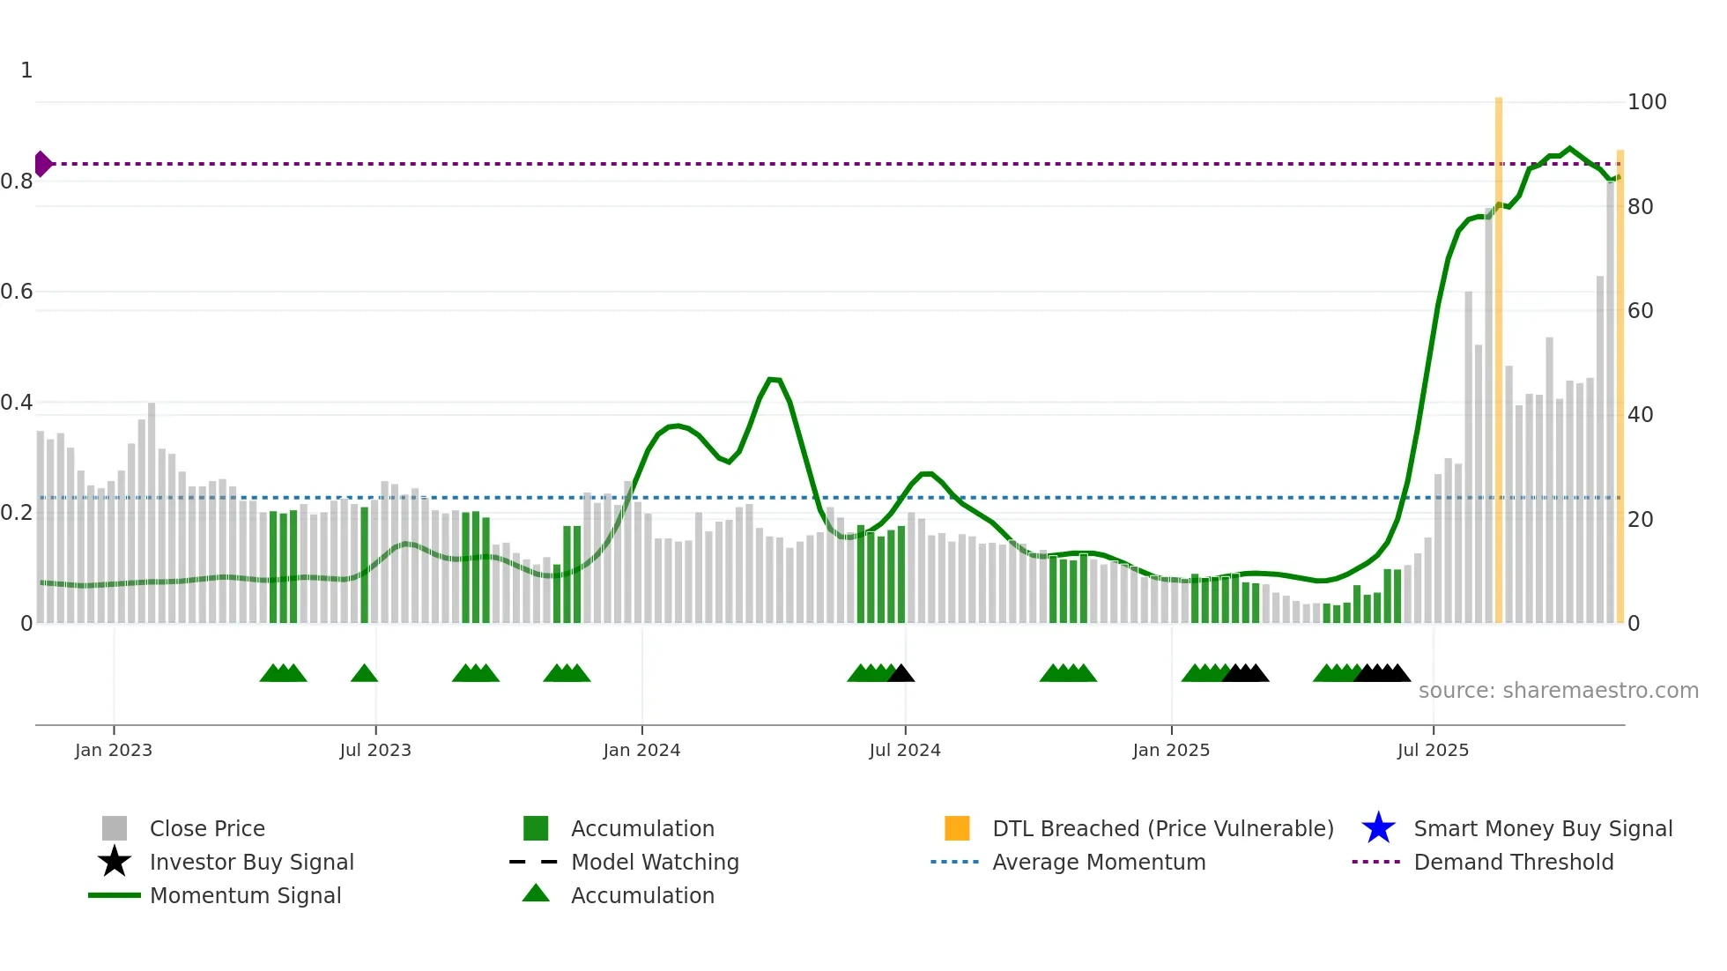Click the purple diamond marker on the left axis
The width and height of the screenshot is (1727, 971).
click(42, 164)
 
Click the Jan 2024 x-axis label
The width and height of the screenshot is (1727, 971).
click(641, 750)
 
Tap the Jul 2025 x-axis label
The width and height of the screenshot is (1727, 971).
click(1433, 750)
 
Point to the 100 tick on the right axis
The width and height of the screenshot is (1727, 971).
click(1646, 102)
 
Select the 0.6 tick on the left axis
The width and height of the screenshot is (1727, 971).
click(18, 292)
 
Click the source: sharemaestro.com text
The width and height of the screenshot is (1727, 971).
click(1558, 691)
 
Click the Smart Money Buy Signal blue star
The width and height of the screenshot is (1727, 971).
click(1378, 828)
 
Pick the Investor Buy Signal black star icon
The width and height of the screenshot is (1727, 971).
click(115, 862)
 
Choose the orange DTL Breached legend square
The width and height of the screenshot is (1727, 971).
click(957, 828)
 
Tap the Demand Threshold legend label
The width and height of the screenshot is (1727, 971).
click(1513, 862)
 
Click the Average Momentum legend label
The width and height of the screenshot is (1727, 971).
click(1099, 862)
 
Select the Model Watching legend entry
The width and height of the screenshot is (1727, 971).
click(655, 862)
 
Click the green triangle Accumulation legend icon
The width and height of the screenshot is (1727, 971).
click(536, 893)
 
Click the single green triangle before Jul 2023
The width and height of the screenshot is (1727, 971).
click(364, 674)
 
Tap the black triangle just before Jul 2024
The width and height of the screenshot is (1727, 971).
click(901, 674)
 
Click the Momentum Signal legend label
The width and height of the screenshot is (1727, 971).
click(245, 895)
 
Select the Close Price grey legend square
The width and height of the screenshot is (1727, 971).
click(115, 828)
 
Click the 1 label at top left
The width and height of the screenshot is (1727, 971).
click(26, 70)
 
